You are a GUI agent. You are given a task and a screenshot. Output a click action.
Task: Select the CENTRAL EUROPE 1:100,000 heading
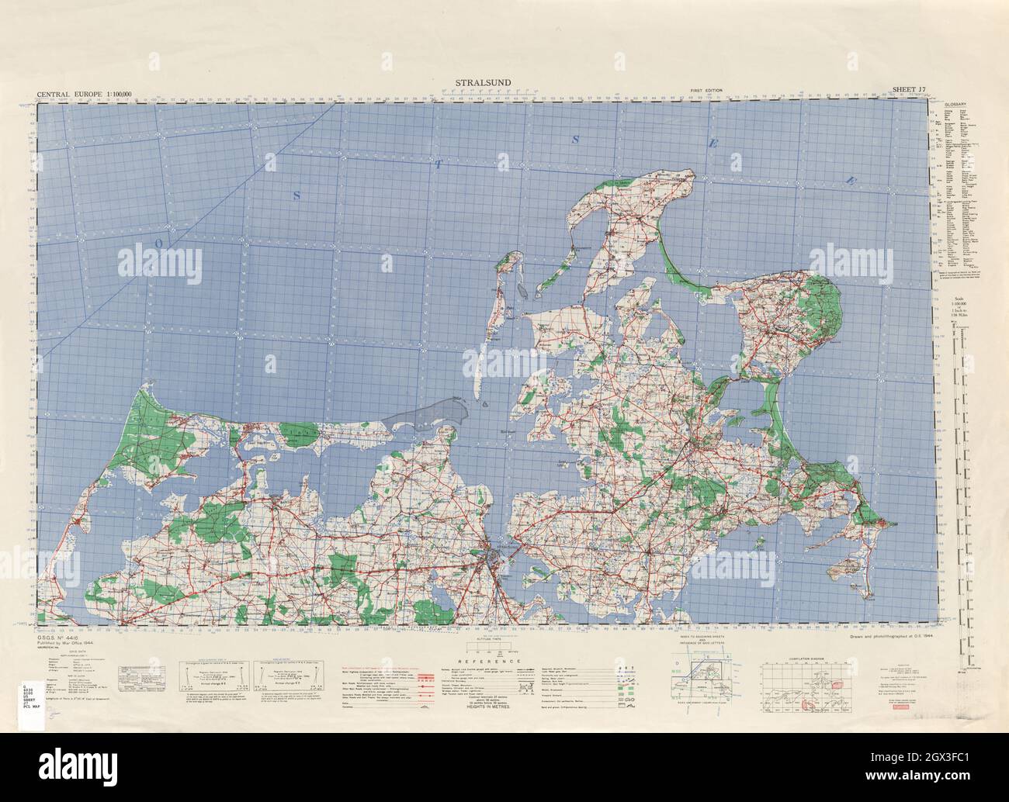click(85, 95)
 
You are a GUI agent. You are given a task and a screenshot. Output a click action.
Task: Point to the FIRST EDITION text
click(706, 92)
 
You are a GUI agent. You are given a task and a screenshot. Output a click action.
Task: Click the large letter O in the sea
click(158, 243)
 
